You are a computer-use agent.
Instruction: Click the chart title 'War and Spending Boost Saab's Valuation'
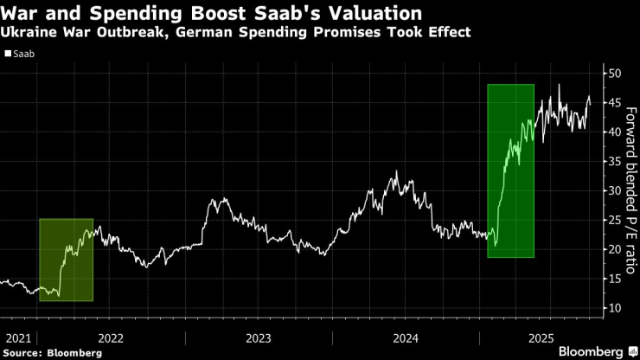(213, 14)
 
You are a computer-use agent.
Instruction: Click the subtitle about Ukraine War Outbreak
(236, 33)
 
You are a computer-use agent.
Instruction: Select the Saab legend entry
(23, 54)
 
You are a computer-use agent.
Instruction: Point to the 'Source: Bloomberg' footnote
(52, 352)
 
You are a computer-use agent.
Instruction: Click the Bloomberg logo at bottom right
(592, 351)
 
